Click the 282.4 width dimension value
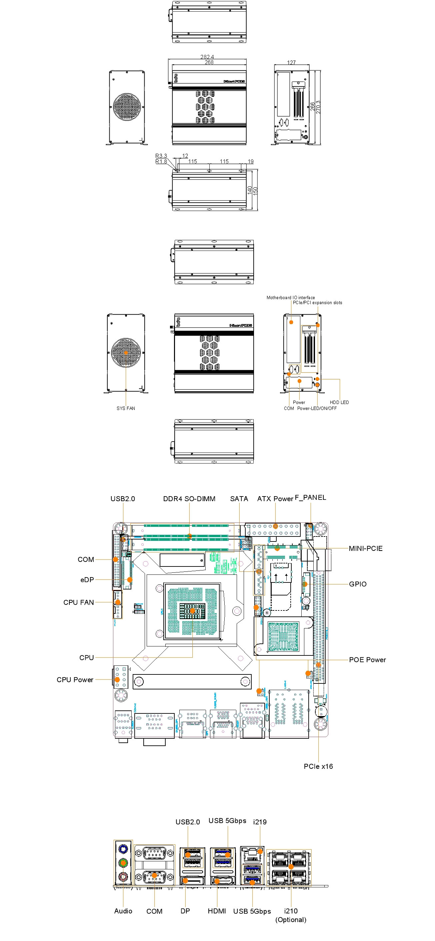207,57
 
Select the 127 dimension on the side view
291,62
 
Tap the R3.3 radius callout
161,156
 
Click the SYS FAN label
126,409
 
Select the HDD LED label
339,402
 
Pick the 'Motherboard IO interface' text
290,298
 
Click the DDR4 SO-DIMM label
189,498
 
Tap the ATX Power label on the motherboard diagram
275,498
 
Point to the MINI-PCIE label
366,548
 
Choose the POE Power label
367,660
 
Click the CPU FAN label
79,602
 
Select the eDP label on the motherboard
87,580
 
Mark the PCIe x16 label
318,766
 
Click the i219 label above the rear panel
260,822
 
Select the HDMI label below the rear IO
217,911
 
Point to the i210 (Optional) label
291,915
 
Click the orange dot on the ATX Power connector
276,526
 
